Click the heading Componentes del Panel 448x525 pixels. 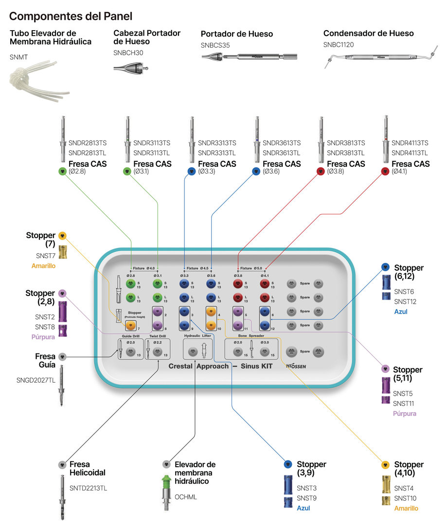pos(71,16)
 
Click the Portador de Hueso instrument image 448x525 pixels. pos(250,57)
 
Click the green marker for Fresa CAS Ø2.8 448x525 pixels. pos(62,171)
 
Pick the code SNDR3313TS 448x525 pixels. pos(217,143)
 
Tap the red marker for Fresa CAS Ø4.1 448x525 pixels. pos(385,171)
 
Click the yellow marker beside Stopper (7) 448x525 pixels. pos(62,236)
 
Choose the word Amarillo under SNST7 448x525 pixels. pos(44,266)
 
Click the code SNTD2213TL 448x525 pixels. pos(88,488)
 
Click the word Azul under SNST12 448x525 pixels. pos(401,312)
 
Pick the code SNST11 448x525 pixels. pos(404,403)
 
